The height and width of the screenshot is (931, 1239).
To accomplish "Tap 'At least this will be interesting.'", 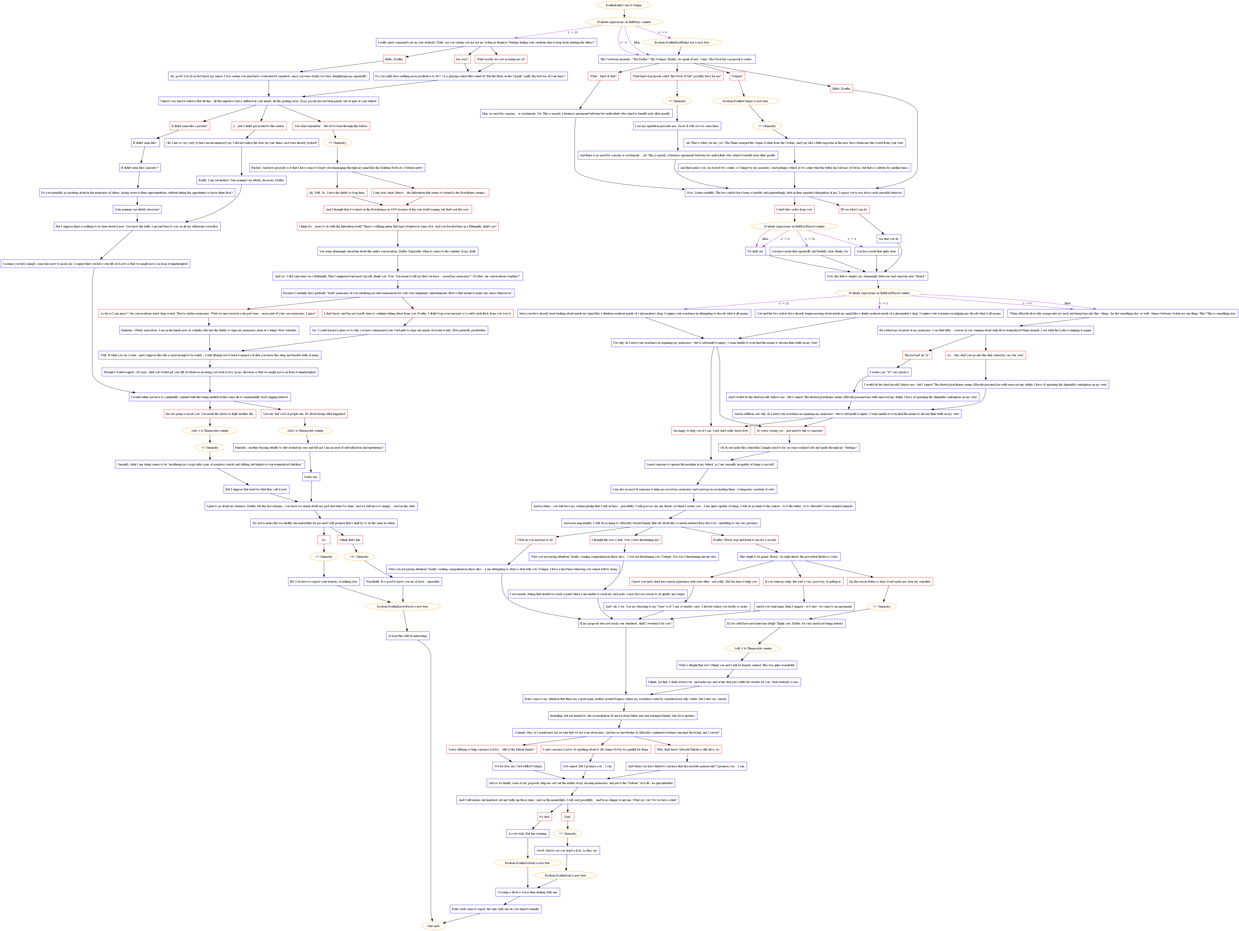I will (x=408, y=636).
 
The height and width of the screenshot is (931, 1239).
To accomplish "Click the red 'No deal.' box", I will (x=544, y=817).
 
